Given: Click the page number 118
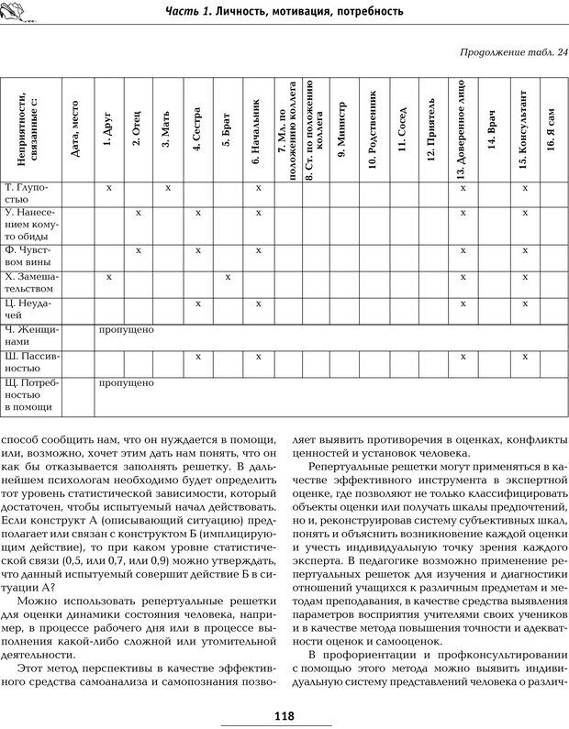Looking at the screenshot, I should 284,716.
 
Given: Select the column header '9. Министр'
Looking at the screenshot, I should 342,128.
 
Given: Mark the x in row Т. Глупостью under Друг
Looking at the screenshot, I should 109,187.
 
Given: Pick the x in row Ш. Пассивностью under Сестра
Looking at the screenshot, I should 197,356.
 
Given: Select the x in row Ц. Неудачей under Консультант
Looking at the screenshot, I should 524,303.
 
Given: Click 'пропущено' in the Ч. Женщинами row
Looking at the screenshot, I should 126,328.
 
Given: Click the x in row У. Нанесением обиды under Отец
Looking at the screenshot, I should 139,213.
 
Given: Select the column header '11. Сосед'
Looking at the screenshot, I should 401,130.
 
